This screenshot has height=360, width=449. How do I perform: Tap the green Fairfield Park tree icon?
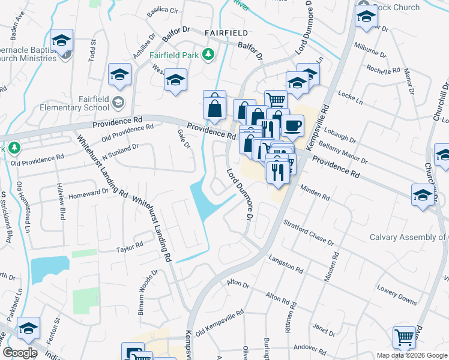(208, 55)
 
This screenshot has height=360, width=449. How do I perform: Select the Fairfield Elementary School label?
(85, 103)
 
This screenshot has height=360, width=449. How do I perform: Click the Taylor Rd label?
(130, 246)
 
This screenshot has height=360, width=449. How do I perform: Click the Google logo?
(19, 353)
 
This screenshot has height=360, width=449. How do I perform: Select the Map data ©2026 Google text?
(412, 355)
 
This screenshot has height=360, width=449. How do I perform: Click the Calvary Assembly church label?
(408, 237)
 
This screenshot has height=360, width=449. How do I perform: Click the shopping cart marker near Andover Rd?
(404, 338)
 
